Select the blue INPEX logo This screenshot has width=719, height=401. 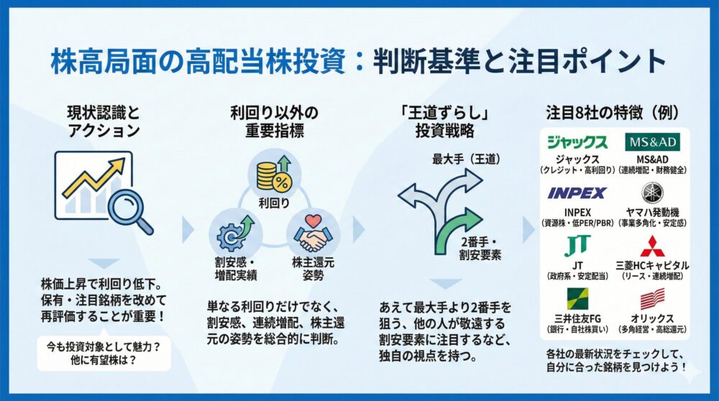point(577,193)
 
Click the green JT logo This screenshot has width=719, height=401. point(577,246)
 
